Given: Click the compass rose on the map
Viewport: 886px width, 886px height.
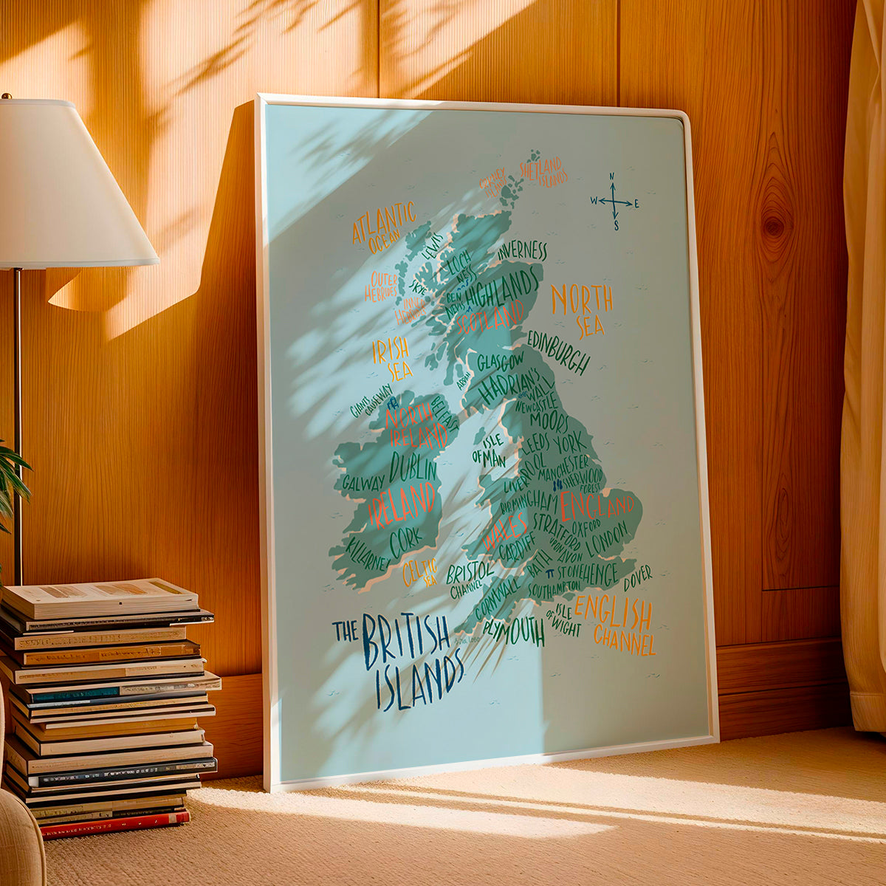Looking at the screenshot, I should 614,202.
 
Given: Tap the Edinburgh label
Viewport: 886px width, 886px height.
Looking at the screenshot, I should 558,354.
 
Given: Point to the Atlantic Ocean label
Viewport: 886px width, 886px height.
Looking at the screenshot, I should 384,227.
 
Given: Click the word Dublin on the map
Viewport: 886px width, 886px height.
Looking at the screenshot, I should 413,467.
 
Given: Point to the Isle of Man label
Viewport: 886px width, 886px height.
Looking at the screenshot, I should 490,450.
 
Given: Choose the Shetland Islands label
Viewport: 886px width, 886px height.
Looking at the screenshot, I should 543,171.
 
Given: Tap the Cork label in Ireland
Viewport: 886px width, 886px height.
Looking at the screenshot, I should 405,542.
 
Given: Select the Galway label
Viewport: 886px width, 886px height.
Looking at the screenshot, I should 363,482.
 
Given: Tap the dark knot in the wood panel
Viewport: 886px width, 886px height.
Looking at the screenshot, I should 774,226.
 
